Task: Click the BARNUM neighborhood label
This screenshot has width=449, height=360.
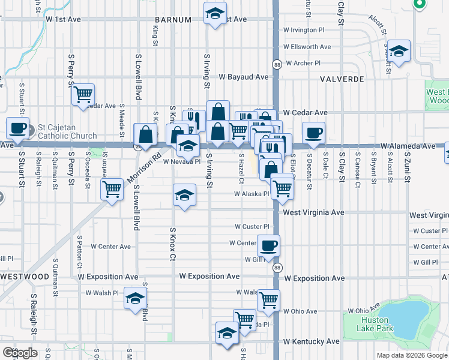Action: point(173,20)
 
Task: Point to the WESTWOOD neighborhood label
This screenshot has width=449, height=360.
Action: point(25,277)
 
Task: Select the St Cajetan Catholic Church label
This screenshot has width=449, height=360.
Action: point(67,131)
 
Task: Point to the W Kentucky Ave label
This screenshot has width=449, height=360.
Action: point(312,341)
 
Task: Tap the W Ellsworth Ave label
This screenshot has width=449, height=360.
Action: point(307,47)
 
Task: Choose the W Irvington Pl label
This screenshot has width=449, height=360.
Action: point(304,30)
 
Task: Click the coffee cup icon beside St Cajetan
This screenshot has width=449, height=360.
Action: point(17,127)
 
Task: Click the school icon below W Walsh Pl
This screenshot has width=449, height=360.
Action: point(135,298)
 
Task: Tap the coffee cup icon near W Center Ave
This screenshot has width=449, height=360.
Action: point(268,245)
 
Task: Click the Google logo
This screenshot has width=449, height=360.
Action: point(20,353)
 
